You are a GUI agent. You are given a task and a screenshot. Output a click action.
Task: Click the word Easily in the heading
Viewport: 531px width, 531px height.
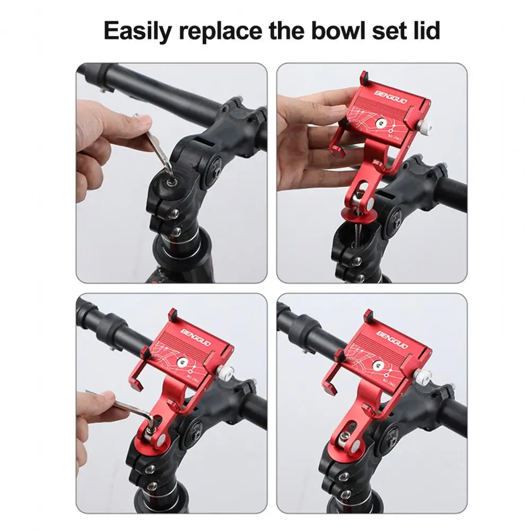(x=133, y=32)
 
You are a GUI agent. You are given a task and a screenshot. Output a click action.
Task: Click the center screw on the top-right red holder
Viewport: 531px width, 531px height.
(x=380, y=123)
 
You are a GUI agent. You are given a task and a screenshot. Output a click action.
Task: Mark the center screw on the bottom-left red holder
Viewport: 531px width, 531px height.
(x=182, y=363)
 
